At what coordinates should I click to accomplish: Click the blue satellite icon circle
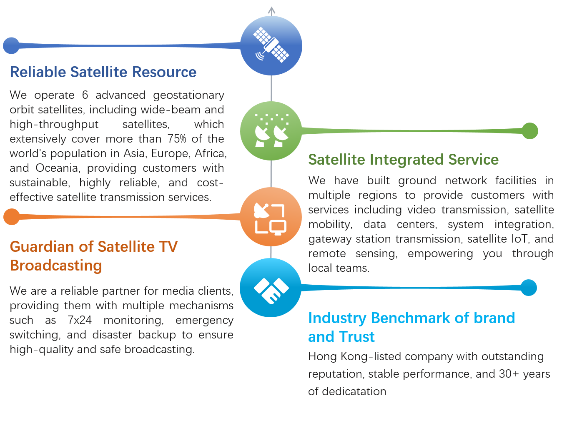tap(271, 45)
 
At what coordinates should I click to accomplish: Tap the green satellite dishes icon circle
tap(271, 131)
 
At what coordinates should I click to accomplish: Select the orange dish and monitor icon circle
tap(271, 217)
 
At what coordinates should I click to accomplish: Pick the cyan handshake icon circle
tap(271, 288)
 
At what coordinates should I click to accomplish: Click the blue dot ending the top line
tap(11, 45)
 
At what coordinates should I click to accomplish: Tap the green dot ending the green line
tap(530, 131)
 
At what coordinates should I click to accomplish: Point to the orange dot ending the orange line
tap(12, 217)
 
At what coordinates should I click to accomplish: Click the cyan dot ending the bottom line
tap(529, 288)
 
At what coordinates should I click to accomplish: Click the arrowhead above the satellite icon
tap(272, 10)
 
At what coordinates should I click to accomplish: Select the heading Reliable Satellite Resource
tap(103, 72)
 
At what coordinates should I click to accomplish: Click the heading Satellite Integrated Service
tap(403, 160)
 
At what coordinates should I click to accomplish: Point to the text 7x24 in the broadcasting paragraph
tap(80, 320)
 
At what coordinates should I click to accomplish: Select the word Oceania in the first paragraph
tap(57, 168)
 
